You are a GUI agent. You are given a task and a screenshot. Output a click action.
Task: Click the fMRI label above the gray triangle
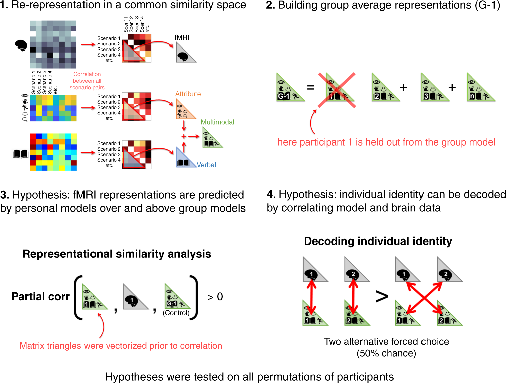tap(182, 37)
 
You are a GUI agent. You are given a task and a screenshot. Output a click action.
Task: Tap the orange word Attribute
tap(188, 94)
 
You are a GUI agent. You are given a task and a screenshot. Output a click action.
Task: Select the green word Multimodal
tap(217, 122)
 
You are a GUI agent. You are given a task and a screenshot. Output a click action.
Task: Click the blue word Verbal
tap(206, 165)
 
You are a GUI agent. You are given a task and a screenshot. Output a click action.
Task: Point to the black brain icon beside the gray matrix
tap(21, 45)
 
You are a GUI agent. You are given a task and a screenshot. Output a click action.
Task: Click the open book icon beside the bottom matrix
tap(20, 154)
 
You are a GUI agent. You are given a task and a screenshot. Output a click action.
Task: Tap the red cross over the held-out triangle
tap(337, 90)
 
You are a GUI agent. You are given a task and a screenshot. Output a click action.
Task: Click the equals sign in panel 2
tap(310, 88)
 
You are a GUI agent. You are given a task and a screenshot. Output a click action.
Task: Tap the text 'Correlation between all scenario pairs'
tap(87, 81)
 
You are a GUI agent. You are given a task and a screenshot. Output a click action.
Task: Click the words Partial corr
tap(40, 297)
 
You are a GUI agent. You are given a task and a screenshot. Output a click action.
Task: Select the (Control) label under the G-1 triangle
tap(176, 313)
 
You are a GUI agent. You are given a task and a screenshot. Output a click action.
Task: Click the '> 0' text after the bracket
tap(215, 297)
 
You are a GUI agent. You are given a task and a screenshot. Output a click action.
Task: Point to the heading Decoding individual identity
tap(378, 241)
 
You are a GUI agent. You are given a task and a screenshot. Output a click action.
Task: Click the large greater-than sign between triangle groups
tap(382, 296)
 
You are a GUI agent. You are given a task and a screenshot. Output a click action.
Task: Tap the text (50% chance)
tap(386, 353)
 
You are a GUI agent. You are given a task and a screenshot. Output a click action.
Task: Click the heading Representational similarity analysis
tap(117, 254)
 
